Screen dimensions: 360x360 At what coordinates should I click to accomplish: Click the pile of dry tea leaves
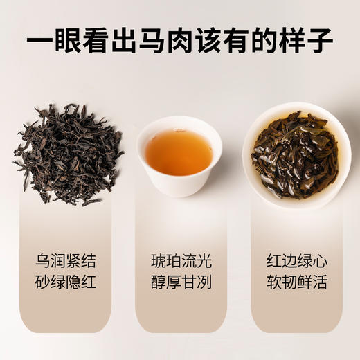(x=67, y=154)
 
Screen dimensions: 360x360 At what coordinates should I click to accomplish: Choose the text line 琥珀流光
(x=181, y=262)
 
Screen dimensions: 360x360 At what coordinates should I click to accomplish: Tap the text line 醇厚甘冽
(x=181, y=283)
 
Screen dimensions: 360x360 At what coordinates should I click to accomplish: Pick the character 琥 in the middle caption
(x=159, y=262)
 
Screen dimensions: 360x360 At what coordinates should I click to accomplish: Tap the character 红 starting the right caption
(x=273, y=262)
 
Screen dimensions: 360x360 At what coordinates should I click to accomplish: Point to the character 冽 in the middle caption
(x=203, y=283)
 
